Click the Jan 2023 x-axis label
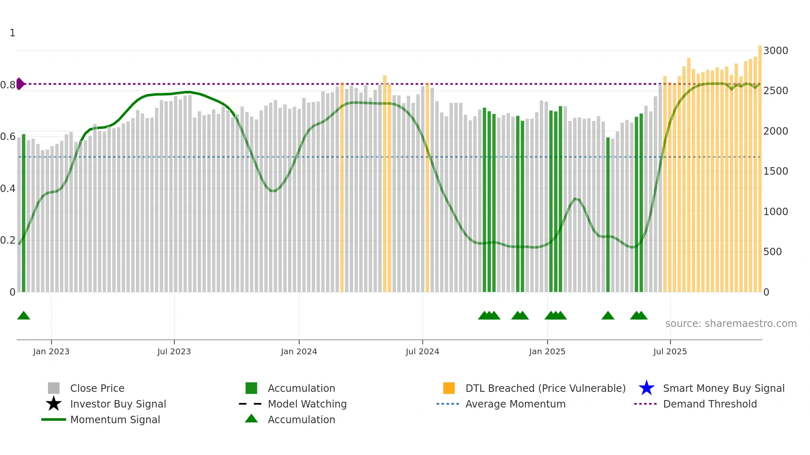pos(51,351)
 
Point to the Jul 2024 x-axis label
pos(422,351)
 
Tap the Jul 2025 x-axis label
pos(670,351)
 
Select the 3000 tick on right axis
pos(776,50)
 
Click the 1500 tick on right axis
pos(776,171)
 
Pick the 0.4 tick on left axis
pos(8,188)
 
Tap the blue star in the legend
pos(646,388)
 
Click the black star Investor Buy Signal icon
pos(54,404)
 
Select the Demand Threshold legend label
pos(710,404)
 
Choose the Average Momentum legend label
pos(515,404)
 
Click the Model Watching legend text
pos(307,404)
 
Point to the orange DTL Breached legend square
pos(449,388)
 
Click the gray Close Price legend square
pos(54,388)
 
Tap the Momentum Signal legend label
pos(115,419)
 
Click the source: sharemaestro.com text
pos(731,323)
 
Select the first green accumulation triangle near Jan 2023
pos(24,316)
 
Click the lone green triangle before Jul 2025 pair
pos(607,316)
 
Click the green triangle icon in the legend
pos(251,419)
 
